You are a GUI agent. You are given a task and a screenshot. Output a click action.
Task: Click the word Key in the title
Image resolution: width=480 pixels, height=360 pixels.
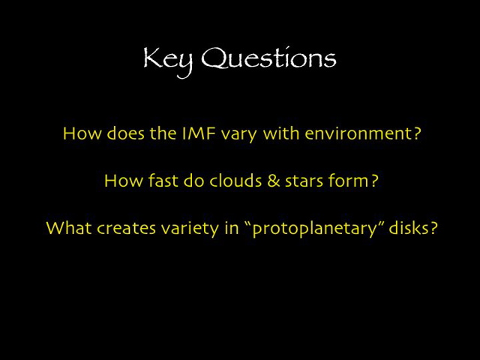(x=168, y=58)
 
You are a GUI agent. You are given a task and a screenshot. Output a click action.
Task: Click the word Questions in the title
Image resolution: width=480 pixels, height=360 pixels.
(x=268, y=59)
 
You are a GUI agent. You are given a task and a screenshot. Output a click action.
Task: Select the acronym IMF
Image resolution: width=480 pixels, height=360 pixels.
(x=199, y=133)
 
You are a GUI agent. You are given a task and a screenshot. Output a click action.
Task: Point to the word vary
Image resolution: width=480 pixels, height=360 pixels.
(x=238, y=134)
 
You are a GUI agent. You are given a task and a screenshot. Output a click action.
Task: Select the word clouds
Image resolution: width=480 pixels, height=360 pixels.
(x=232, y=181)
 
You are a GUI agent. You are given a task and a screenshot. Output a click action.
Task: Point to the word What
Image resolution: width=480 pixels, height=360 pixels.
(x=68, y=228)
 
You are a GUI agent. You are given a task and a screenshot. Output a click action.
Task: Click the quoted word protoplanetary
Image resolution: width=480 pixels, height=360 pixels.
(x=315, y=229)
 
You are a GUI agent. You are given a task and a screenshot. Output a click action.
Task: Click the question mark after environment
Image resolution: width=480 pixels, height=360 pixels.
(x=417, y=133)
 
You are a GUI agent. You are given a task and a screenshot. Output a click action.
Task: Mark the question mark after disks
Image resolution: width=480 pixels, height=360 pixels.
(x=433, y=228)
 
